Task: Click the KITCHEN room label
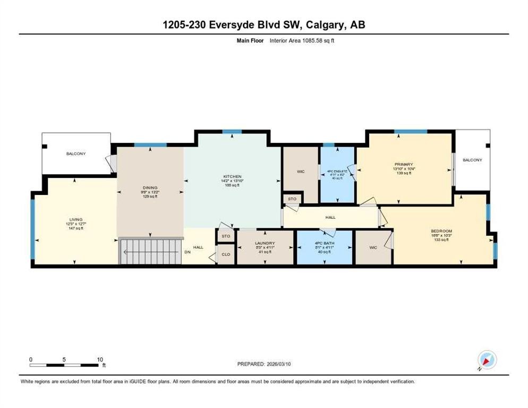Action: pos(232,176)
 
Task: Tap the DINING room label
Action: pos(150,187)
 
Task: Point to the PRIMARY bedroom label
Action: pos(404,164)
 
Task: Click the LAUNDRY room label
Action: pos(264,243)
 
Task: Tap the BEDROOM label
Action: pos(441,231)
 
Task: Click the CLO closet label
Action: pos(226,254)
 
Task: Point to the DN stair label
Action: pos(187,252)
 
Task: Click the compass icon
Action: pos(487,360)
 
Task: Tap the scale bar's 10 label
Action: pos(100,359)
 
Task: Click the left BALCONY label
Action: pos(76,154)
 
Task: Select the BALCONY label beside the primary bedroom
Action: pos(472,160)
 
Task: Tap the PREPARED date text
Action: pos(263,364)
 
